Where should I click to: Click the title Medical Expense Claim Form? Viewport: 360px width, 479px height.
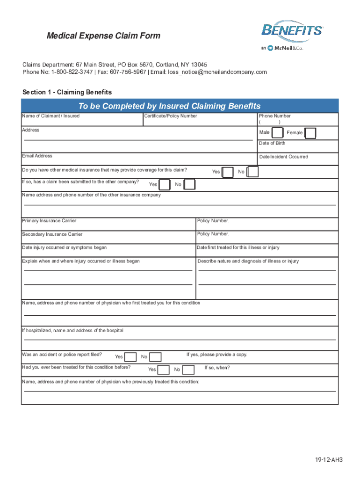click(103, 36)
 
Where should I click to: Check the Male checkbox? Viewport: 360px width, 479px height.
click(277, 133)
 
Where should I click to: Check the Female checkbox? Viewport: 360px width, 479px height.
click(310, 133)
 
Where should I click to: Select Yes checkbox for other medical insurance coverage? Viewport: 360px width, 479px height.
click(228, 172)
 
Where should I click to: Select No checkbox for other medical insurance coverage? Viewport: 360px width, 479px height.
click(252, 172)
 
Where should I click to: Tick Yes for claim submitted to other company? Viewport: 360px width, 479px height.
click(165, 185)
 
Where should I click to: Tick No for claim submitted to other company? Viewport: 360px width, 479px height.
click(189, 185)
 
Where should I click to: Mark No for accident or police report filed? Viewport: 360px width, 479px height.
click(155, 357)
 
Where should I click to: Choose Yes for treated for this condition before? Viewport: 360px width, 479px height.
click(164, 370)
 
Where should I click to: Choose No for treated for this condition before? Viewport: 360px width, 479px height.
click(188, 370)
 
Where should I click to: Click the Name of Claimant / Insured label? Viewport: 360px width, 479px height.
click(50, 116)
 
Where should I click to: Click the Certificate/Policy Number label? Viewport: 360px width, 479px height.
click(171, 116)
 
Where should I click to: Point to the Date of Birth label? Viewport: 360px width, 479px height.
click(272, 143)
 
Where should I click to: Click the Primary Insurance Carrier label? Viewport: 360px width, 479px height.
click(49, 221)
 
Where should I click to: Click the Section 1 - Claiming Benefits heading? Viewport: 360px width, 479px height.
click(67, 92)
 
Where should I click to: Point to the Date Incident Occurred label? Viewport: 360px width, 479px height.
click(283, 157)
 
